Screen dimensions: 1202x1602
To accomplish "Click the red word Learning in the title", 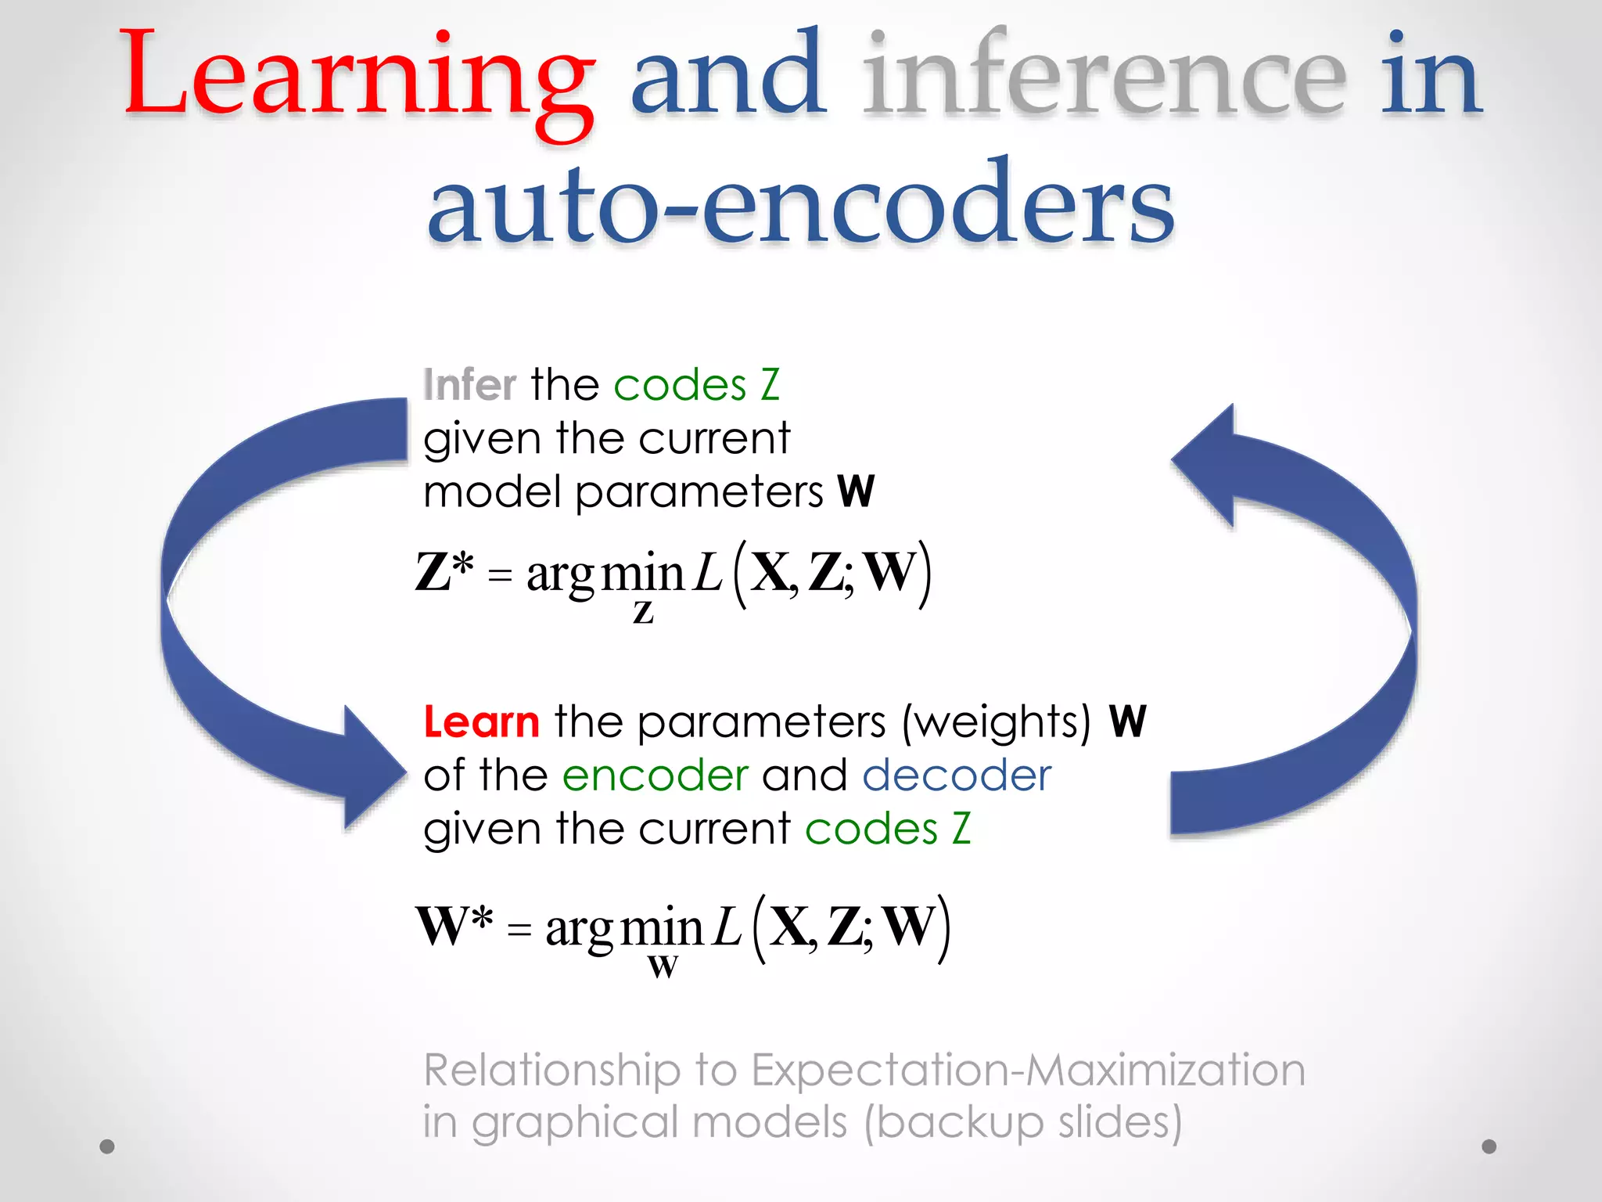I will (x=356, y=78).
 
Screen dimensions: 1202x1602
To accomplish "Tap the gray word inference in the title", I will (x=1103, y=78).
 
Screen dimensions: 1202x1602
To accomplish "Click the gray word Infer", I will (x=469, y=385).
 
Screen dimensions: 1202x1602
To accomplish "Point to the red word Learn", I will (x=481, y=722).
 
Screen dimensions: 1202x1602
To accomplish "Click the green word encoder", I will (x=656, y=776).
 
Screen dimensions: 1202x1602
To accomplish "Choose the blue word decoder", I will (x=956, y=776).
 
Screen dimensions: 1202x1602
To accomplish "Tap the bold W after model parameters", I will (x=856, y=491).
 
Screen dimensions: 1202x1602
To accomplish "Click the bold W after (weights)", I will (x=1127, y=722).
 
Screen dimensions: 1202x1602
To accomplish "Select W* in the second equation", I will (x=454, y=926).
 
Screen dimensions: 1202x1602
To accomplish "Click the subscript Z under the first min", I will (x=643, y=613).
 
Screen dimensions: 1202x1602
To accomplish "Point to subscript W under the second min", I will (x=663, y=967).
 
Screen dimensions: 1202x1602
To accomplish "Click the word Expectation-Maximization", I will (x=1028, y=1070).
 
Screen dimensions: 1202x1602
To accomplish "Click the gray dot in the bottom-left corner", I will (x=107, y=1146).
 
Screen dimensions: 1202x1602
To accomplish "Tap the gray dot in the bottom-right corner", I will (x=1489, y=1146).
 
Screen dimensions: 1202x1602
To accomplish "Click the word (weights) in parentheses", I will (x=996, y=722).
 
